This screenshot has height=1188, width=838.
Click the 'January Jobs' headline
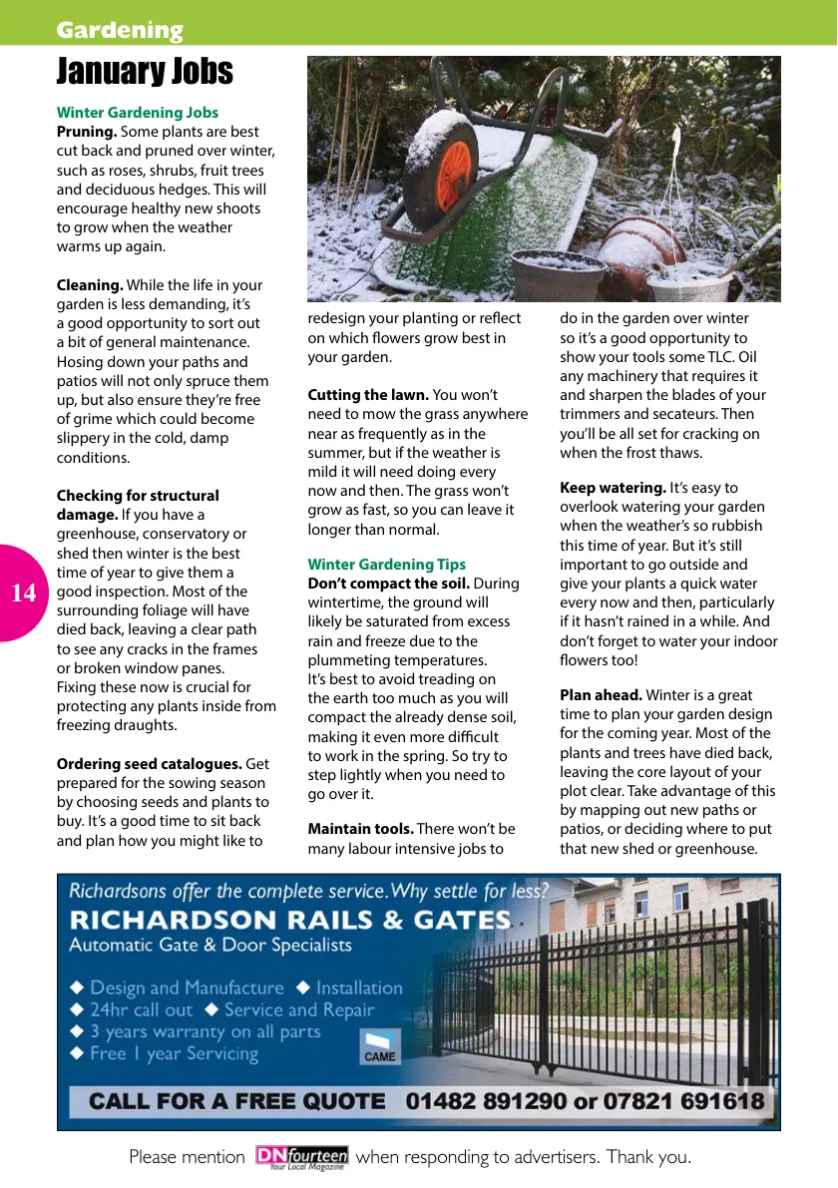[x=145, y=72]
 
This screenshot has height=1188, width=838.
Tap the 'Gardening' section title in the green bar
[x=120, y=30]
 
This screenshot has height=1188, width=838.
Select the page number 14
[x=24, y=594]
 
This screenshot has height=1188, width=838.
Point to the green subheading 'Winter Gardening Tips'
[x=386, y=565]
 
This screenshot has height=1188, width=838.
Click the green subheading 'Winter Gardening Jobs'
[x=138, y=113]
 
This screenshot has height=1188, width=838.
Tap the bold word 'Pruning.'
[x=87, y=132]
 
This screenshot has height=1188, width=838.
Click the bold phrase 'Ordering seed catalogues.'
[x=149, y=764]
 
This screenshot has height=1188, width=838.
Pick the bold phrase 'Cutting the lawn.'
[x=368, y=395]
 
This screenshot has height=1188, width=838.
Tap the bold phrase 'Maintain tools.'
[x=360, y=829]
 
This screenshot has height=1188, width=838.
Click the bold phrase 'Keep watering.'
[x=613, y=488]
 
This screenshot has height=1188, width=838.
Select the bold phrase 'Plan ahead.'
[x=601, y=695]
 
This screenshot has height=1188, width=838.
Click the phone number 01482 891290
[x=482, y=1101]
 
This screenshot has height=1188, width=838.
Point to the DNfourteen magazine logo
[x=301, y=1157]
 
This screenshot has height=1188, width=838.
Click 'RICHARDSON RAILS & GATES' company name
[x=289, y=920]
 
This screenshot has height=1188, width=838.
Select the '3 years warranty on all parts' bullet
[x=205, y=1031]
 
